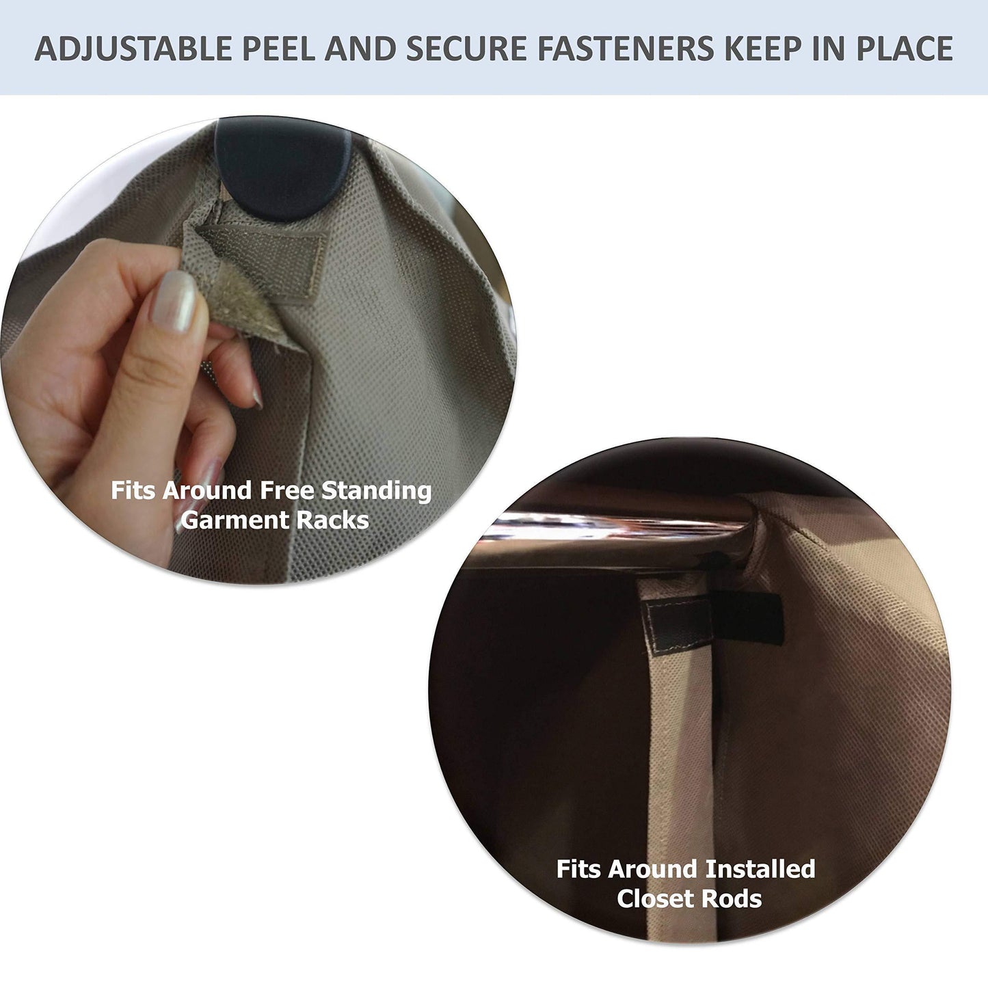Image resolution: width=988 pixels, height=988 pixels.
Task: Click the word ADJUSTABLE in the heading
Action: tap(132, 49)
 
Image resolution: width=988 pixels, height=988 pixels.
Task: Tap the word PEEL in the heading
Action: tap(278, 49)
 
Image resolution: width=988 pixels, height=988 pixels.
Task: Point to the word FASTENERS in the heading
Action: tap(626, 49)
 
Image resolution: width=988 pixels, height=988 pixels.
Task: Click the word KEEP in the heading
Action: tap(766, 49)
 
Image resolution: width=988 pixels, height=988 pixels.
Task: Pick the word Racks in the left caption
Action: tap(333, 520)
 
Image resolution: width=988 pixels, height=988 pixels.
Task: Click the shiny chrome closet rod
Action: tap(615, 527)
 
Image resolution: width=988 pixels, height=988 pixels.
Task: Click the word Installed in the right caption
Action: tap(760, 869)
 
